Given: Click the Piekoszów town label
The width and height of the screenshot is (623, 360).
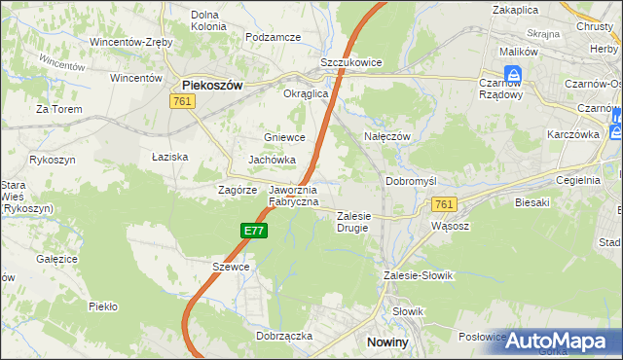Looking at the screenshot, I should tap(212, 85).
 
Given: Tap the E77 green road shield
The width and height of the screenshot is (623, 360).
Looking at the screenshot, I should tap(254, 231).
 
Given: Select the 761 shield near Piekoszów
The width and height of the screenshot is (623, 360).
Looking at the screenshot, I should tap(181, 101).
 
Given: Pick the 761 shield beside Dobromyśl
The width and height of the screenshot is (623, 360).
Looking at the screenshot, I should tap(444, 203).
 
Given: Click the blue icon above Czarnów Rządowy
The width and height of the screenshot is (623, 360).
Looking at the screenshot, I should tap(512, 74).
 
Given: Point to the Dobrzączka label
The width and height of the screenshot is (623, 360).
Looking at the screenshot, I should tap(284, 335).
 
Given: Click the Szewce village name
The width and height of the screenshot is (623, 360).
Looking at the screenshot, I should tap(232, 267).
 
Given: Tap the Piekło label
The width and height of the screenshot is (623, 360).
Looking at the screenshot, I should tap(102, 306).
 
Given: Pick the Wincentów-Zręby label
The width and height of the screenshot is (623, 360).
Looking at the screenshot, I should tap(131, 43).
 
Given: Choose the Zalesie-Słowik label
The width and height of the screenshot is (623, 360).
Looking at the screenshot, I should tap(419, 275).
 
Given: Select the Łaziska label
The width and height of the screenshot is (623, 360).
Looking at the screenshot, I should tap(169, 157).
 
